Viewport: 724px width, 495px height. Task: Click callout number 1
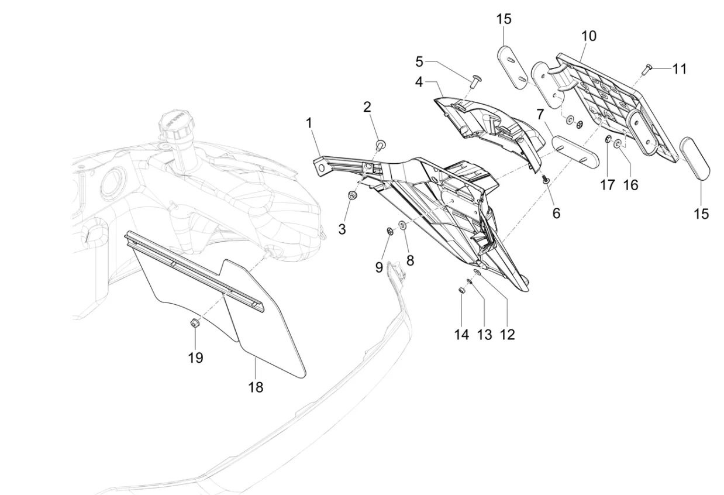[308, 123]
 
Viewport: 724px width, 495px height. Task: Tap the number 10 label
[588, 36]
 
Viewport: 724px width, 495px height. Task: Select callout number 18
[256, 387]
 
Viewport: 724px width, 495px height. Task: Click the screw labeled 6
[545, 180]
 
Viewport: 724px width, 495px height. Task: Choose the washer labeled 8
[403, 226]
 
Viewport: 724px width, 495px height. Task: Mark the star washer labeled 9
[389, 228]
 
